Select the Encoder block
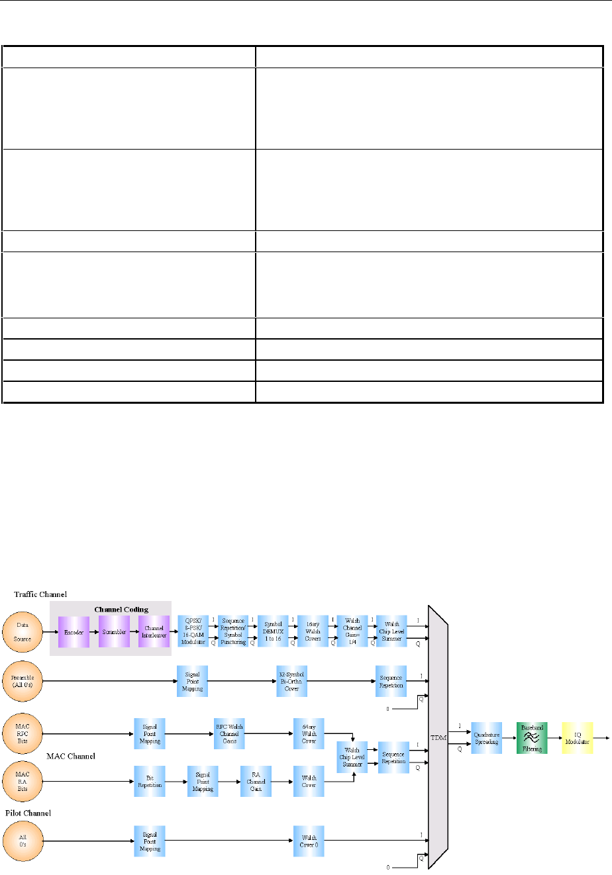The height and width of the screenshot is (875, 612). click(x=74, y=632)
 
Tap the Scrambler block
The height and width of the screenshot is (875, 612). click(x=114, y=632)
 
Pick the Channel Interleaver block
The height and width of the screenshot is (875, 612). click(x=154, y=632)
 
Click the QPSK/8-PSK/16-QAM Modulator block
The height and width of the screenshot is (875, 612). click(x=193, y=632)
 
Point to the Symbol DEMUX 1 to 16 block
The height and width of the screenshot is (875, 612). click(x=273, y=632)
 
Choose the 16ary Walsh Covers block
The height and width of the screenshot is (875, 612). click(x=313, y=632)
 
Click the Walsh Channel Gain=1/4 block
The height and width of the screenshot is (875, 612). click(x=352, y=632)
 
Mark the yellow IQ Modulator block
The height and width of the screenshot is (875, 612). click(x=576, y=738)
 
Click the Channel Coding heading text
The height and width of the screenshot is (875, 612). click(x=121, y=609)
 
